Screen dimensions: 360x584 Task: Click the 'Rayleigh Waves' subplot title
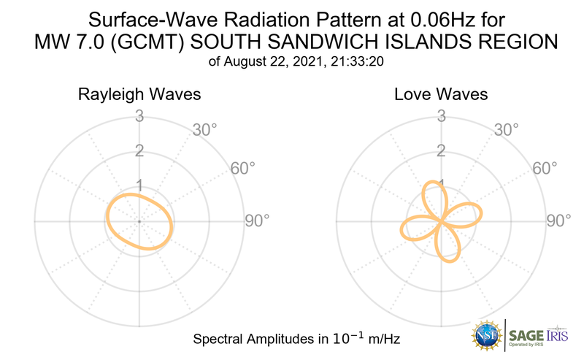tap(139, 95)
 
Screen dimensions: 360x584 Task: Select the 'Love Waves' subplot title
tap(441, 95)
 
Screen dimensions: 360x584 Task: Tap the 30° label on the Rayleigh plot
tap(205, 130)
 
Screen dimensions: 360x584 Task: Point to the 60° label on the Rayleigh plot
tap(243, 168)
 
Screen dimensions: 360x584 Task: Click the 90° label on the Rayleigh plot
tap(256, 220)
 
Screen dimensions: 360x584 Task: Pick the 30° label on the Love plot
tap(506, 130)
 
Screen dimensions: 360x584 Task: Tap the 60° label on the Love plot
tap(544, 168)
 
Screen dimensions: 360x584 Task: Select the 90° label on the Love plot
tap(560, 220)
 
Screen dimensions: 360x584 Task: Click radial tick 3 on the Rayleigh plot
tap(139, 115)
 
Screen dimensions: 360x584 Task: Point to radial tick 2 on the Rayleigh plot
tap(139, 150)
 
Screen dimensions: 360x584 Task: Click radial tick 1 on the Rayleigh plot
tap(139, 185)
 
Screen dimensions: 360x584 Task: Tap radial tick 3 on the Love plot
tap(441, 115)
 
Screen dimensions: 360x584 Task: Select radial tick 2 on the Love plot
tap(441, 150)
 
